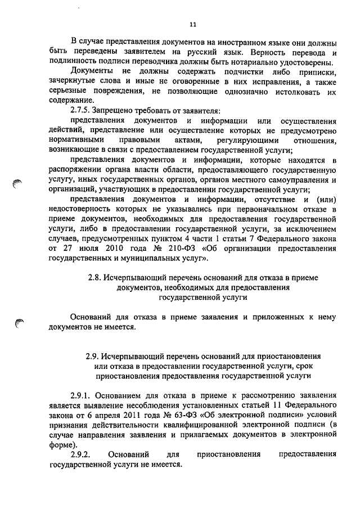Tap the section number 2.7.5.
[81, 110]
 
